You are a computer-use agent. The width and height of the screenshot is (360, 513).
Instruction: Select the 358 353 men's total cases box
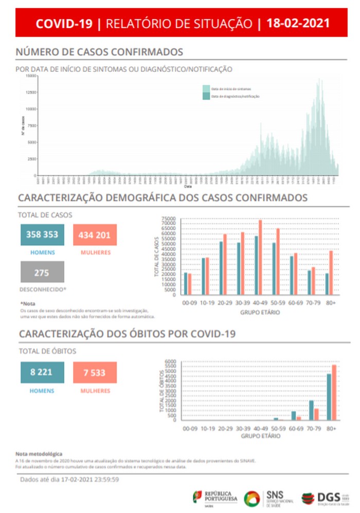click(43, 235)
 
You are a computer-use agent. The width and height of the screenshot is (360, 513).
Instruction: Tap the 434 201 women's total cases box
click(95, 235)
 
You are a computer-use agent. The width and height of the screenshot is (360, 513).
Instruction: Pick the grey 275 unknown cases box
click(43, 272)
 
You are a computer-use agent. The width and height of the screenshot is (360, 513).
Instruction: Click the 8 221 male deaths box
click(43, 372)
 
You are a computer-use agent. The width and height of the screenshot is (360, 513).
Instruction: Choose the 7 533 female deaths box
click(95, 372)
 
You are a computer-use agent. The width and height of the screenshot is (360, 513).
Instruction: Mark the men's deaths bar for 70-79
click(311, 410)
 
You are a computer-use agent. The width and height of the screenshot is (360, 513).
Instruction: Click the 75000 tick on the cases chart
click(169, 219)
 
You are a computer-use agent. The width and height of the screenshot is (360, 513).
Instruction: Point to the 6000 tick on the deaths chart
click(170, 361)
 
